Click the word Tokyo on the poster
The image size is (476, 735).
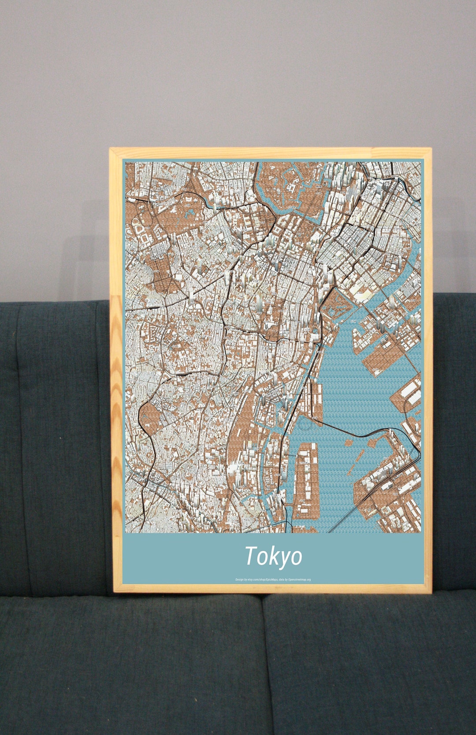(x=273, y=556)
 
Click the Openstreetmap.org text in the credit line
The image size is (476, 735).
(x=299, y=579)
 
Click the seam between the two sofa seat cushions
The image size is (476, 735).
(x=264, y=661)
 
